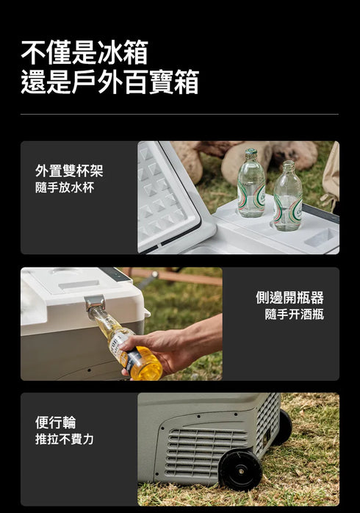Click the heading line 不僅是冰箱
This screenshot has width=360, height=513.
[84, 52]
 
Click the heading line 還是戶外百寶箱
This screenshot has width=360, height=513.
[109, 82]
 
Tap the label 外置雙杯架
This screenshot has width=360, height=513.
[69, 171]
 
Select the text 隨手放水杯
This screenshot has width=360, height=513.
[65, 187]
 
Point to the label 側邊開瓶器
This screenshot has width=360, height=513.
[289, 298]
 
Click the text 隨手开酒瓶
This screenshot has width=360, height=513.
[294, 315]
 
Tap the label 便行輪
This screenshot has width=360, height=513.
[55, 423]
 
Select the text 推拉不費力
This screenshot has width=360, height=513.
[65, 440]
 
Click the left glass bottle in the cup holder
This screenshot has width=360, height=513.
[251, 184]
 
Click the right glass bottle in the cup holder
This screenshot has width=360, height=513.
[287, 197]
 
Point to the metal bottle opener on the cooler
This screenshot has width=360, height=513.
[94, 303]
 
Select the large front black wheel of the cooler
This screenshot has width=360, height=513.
[240, 469]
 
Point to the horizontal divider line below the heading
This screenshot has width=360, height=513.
[179, 114]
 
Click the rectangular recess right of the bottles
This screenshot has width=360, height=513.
[321, 237]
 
